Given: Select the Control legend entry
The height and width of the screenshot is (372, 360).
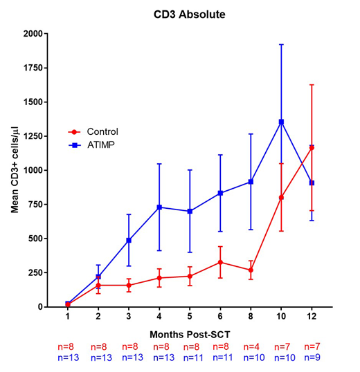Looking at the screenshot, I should click(x=102, y=131).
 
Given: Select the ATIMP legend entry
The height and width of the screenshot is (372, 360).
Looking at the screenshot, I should click(x=100, y=145).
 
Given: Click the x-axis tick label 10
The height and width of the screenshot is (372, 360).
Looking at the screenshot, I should click(x=281, y=317).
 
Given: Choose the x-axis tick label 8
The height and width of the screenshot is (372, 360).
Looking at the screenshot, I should click(x=251, y=317).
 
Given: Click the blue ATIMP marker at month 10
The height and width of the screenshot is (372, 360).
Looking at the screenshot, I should click(x=281, y=122).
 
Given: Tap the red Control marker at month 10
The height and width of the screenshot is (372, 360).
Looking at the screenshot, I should click(x=281, y=197).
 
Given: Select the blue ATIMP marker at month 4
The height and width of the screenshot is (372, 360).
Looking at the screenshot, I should click(x=159, y=207).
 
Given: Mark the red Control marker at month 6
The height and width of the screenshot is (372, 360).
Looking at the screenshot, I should click(x=220, y=262).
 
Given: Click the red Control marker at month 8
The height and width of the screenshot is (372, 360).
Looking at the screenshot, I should click(x=251, y=270).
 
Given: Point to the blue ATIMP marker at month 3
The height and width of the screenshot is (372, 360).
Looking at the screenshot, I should click(x=129, y=240).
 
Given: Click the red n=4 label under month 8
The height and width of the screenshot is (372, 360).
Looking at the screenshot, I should click(x=251, y=347).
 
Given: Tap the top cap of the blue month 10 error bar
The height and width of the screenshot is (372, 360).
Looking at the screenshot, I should click(x=281, y=44).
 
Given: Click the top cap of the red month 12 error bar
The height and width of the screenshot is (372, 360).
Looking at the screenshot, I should click(x=312, y=84).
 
